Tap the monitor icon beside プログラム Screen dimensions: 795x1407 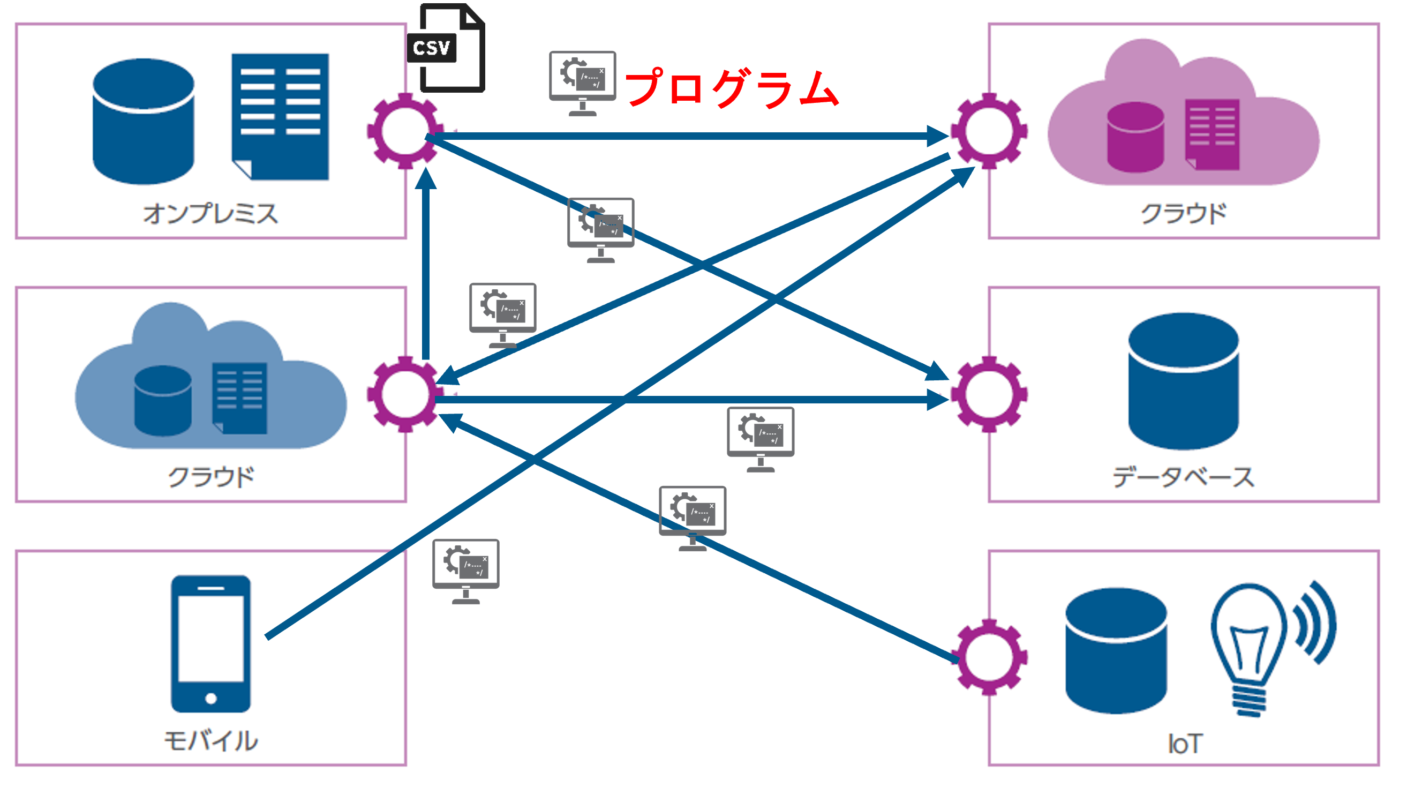582,82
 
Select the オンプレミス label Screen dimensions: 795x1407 210,213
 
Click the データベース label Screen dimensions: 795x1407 1183,477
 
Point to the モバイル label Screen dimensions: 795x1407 210,741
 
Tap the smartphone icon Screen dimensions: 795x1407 211,643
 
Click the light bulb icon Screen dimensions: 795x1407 1248,648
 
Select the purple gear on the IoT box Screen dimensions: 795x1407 989,657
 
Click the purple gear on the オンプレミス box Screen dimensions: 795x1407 405,131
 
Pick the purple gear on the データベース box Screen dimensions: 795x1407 989,394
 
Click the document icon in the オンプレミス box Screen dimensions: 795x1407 280,116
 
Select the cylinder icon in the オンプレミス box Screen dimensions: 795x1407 143,121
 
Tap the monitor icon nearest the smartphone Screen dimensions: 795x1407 465,571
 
